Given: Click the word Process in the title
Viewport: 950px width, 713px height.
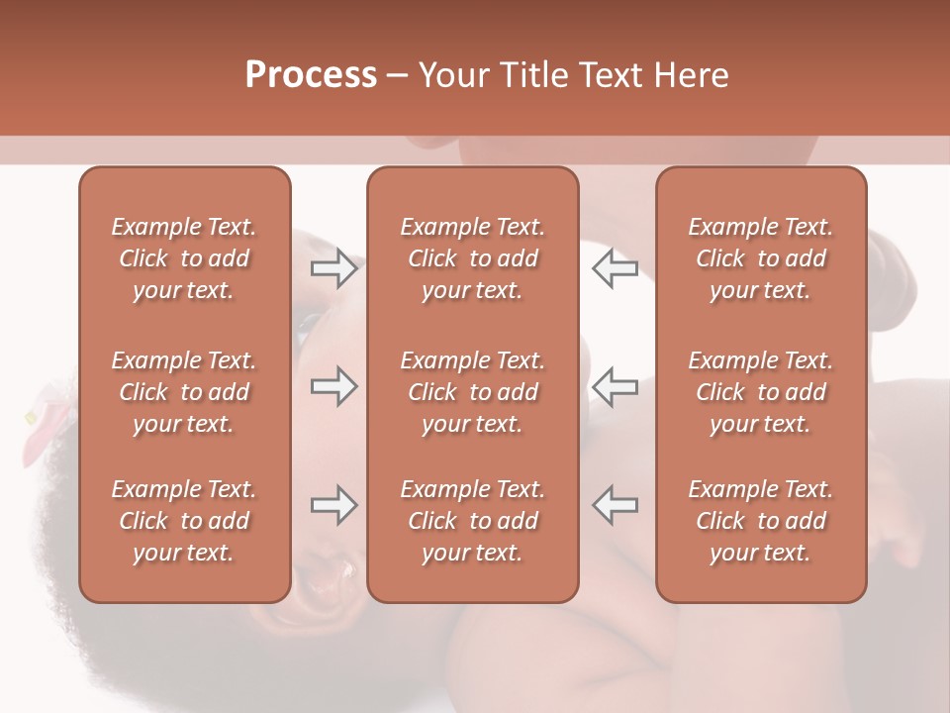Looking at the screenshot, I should (x=311, y=75).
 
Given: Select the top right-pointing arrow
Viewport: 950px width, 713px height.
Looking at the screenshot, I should (x=333, y=268).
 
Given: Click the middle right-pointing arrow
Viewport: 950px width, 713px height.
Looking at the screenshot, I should (x=333, y=387).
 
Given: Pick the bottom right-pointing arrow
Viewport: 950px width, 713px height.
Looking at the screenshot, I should (x=333, y=505).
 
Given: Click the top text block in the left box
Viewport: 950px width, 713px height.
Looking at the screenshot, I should (x=184, y=258).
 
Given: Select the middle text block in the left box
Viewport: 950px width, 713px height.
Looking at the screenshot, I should (x=184, y=392).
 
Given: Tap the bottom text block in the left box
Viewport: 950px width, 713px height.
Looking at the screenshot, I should (x=184, y=521).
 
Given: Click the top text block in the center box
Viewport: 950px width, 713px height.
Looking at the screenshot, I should (x=473, y=258).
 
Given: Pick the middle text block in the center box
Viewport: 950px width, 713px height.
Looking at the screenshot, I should (x=473, y=392).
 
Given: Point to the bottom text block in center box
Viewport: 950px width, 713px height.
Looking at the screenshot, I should (x=473, y=521).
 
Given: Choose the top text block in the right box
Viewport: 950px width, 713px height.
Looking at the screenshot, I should (x=761, y=258).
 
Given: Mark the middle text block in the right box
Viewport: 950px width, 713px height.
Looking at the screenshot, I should (x=761, y=392).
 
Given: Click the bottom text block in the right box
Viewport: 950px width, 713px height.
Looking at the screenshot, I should (x=761, y=521).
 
